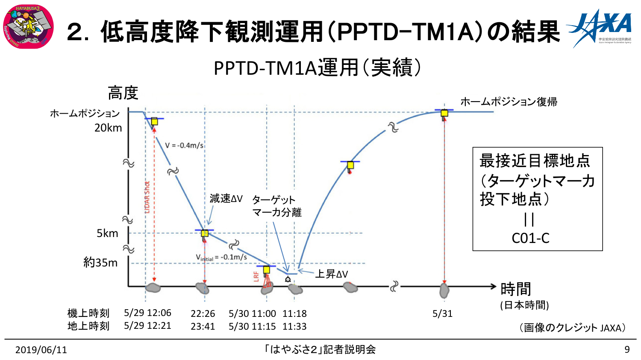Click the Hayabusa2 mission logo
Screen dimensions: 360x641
coord(28,26)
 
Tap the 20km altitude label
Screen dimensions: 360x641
coord(108,128)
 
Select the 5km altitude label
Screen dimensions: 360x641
coord(107,233)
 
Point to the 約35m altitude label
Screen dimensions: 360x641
coord(100,262)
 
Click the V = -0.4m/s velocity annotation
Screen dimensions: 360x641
coord(184,145)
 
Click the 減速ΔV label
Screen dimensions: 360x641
coord(226,199)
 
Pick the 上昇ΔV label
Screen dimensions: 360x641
coord(331,274)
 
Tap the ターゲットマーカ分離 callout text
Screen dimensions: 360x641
coord(276,206)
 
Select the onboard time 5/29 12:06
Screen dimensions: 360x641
coord(147,313)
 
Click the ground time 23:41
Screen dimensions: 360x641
coord(203,326)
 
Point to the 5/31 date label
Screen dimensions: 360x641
coord(442,313)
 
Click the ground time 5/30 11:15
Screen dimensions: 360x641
coord(252,326)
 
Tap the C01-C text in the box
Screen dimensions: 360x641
coord(530,238)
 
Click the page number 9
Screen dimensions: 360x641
coord(627,349)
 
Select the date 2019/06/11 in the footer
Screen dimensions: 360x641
coord(41,350)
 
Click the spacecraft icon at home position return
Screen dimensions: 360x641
coord(444,113)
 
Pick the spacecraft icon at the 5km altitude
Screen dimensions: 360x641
coord(205,233)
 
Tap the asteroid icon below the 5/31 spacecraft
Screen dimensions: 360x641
coord(444,291)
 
